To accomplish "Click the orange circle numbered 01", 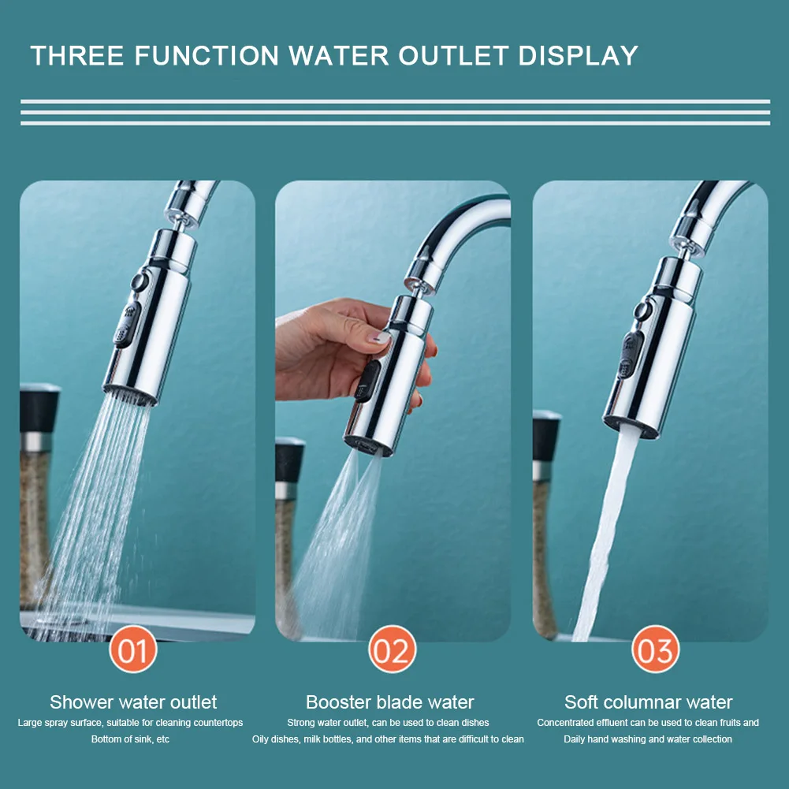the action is tap(133, 649).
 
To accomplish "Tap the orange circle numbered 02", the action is tap(393, 649).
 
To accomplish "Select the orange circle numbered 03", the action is tap(655, 649).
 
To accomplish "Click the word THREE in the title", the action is tap(77, 55).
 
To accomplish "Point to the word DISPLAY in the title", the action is tap(579, 55).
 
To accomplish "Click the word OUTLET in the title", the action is tap(454, 55).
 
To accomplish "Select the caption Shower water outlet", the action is tap(133, 702).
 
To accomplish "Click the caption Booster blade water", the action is tap(390, 702).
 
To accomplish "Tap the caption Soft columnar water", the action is tap(648, 702).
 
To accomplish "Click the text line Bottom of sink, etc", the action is tap(130, 739).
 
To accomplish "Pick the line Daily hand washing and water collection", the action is tap(648, 739).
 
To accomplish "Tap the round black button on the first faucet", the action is tap(139, 281).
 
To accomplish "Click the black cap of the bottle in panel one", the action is tap(39, 408).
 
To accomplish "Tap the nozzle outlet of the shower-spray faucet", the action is tap(130, 396).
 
